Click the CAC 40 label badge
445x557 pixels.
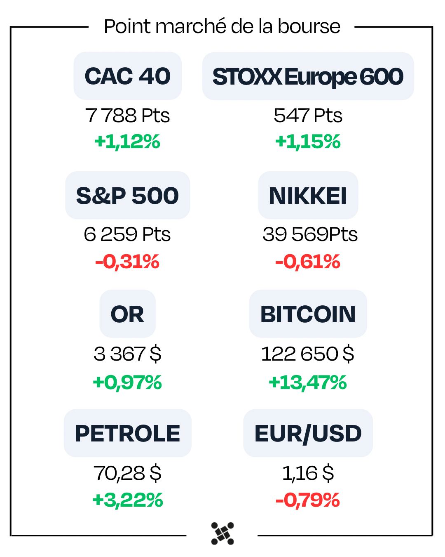pos(128,76)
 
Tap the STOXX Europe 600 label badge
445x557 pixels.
pos(308,76)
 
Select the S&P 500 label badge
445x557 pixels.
pos(128,195)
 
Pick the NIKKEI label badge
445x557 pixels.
pos(308,195)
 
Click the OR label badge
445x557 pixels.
pos(128,314)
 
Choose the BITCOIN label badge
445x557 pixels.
pos(308,314)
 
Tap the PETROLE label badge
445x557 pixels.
pos(128,433)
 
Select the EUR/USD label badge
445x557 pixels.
pos(308,433)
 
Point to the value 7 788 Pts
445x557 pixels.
pos(127,116)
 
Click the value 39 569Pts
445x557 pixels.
pos(310,234)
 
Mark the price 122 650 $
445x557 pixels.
pos(308,354)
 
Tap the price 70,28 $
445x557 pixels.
pos(127,473)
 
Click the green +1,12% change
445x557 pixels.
pos(127,142)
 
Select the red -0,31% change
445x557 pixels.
pos(127,262)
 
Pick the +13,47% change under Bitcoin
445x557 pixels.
pos(308,382)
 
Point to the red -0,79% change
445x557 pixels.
pos(308,500)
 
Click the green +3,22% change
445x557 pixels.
pos(128,500)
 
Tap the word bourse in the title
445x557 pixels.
pos(309,26)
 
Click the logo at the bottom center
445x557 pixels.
pos(222,533)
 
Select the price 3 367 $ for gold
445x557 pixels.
pos(127,354)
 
